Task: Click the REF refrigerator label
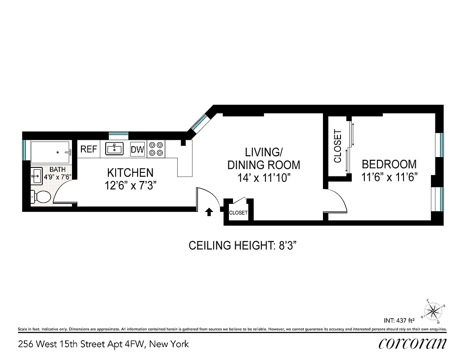pos(89,149)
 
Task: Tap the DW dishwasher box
pos(137,149)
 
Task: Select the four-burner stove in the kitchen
pos(156,149)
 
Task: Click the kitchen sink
pos(114,148)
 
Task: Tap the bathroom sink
pos(36,176)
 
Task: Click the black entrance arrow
pos(209,211)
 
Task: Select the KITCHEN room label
pos(130,172)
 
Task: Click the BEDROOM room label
pos(389,164)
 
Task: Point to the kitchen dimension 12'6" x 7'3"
pos(130,184)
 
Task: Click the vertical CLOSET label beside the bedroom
pos(338,146)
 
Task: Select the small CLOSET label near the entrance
pos(238,213)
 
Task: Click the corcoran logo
pos(412,344)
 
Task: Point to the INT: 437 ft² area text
pos(399,321)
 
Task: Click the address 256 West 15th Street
pos(103,344)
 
